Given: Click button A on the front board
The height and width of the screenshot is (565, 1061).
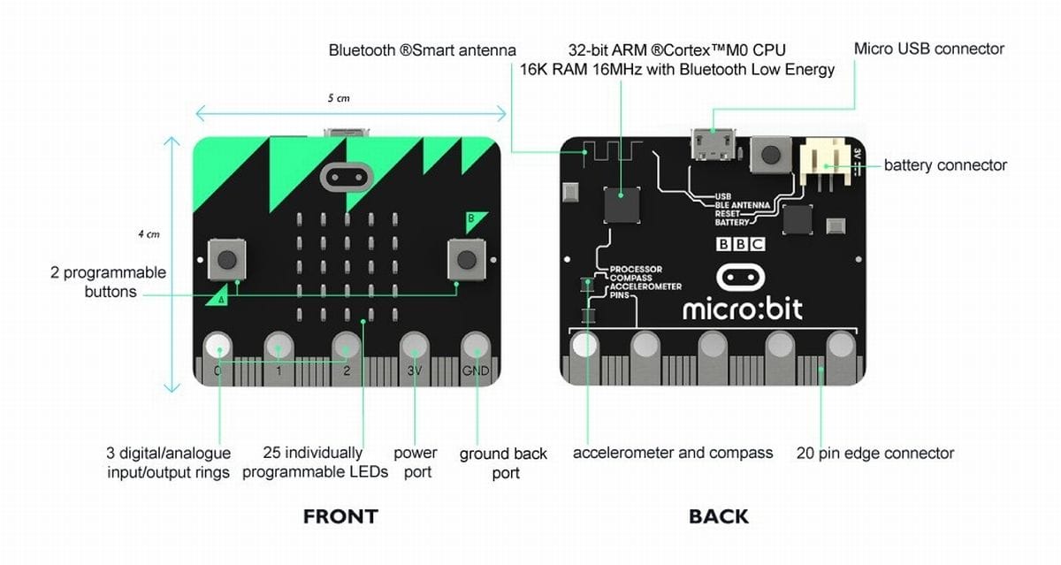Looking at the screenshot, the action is [226, 259].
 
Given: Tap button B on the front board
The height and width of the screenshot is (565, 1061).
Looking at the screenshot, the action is [467, 259].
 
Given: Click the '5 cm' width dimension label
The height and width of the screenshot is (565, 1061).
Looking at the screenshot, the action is [339, 98].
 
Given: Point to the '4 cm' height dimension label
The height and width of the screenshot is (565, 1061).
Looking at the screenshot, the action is [149, 234].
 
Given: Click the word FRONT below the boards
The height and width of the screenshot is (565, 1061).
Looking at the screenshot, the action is [340, 516].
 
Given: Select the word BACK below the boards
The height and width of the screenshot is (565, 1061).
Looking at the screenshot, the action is [719, 516].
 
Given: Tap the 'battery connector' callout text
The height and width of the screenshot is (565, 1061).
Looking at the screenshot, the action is [945, 165].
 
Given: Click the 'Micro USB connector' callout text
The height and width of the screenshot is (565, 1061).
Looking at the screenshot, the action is [929, 49].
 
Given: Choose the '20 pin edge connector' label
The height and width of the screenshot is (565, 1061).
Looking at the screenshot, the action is [874, 454].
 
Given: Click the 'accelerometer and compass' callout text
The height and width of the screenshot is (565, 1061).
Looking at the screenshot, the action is [673, 453].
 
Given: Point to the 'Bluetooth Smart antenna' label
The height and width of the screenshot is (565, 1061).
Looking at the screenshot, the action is [422, 50].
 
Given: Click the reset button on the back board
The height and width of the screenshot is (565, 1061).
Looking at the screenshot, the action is [771, 154].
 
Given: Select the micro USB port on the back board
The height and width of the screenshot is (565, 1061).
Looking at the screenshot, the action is [714, 144].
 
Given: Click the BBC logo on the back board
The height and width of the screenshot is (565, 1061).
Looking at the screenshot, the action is [740, 244].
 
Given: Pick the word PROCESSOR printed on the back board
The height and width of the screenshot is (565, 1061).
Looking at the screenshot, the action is [636, 269].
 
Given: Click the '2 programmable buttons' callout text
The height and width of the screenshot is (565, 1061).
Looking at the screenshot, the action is [109, 282].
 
